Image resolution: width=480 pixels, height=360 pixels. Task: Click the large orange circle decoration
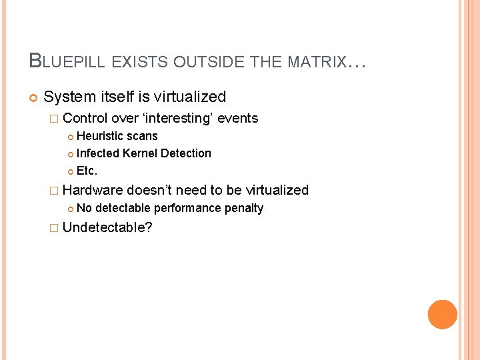[x=442, y=314]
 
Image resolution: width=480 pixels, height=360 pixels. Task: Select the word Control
[x=86, y=119]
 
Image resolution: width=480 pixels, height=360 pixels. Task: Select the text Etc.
[x=87, y=171]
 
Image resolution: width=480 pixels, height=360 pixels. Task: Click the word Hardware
[x=93, y=190]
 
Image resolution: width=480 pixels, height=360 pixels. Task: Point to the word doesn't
[x=153, y=190]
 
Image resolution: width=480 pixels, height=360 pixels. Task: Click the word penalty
[x=244, y=209]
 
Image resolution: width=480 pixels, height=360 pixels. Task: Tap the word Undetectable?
[x=107, y=228]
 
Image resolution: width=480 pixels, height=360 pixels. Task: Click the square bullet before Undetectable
[x=54, y=228]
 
